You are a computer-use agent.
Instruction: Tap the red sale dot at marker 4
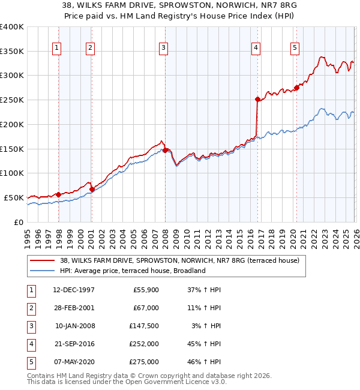pyautogui.click(x=257, y=99)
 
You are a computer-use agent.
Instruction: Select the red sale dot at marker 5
pyautogui.click(x=296, y=88)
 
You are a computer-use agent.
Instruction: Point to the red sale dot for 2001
pyautogui.click(x=92, y=189)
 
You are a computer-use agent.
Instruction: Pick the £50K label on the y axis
pyautogui.click(x=14, y=197)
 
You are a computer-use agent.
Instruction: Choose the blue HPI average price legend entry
pyautogui.click(x=133, y=271)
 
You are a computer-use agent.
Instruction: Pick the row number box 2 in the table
pyautogui.click(x=31, y=308)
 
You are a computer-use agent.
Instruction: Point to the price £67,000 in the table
pyautogui.click(x=147, y=308)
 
